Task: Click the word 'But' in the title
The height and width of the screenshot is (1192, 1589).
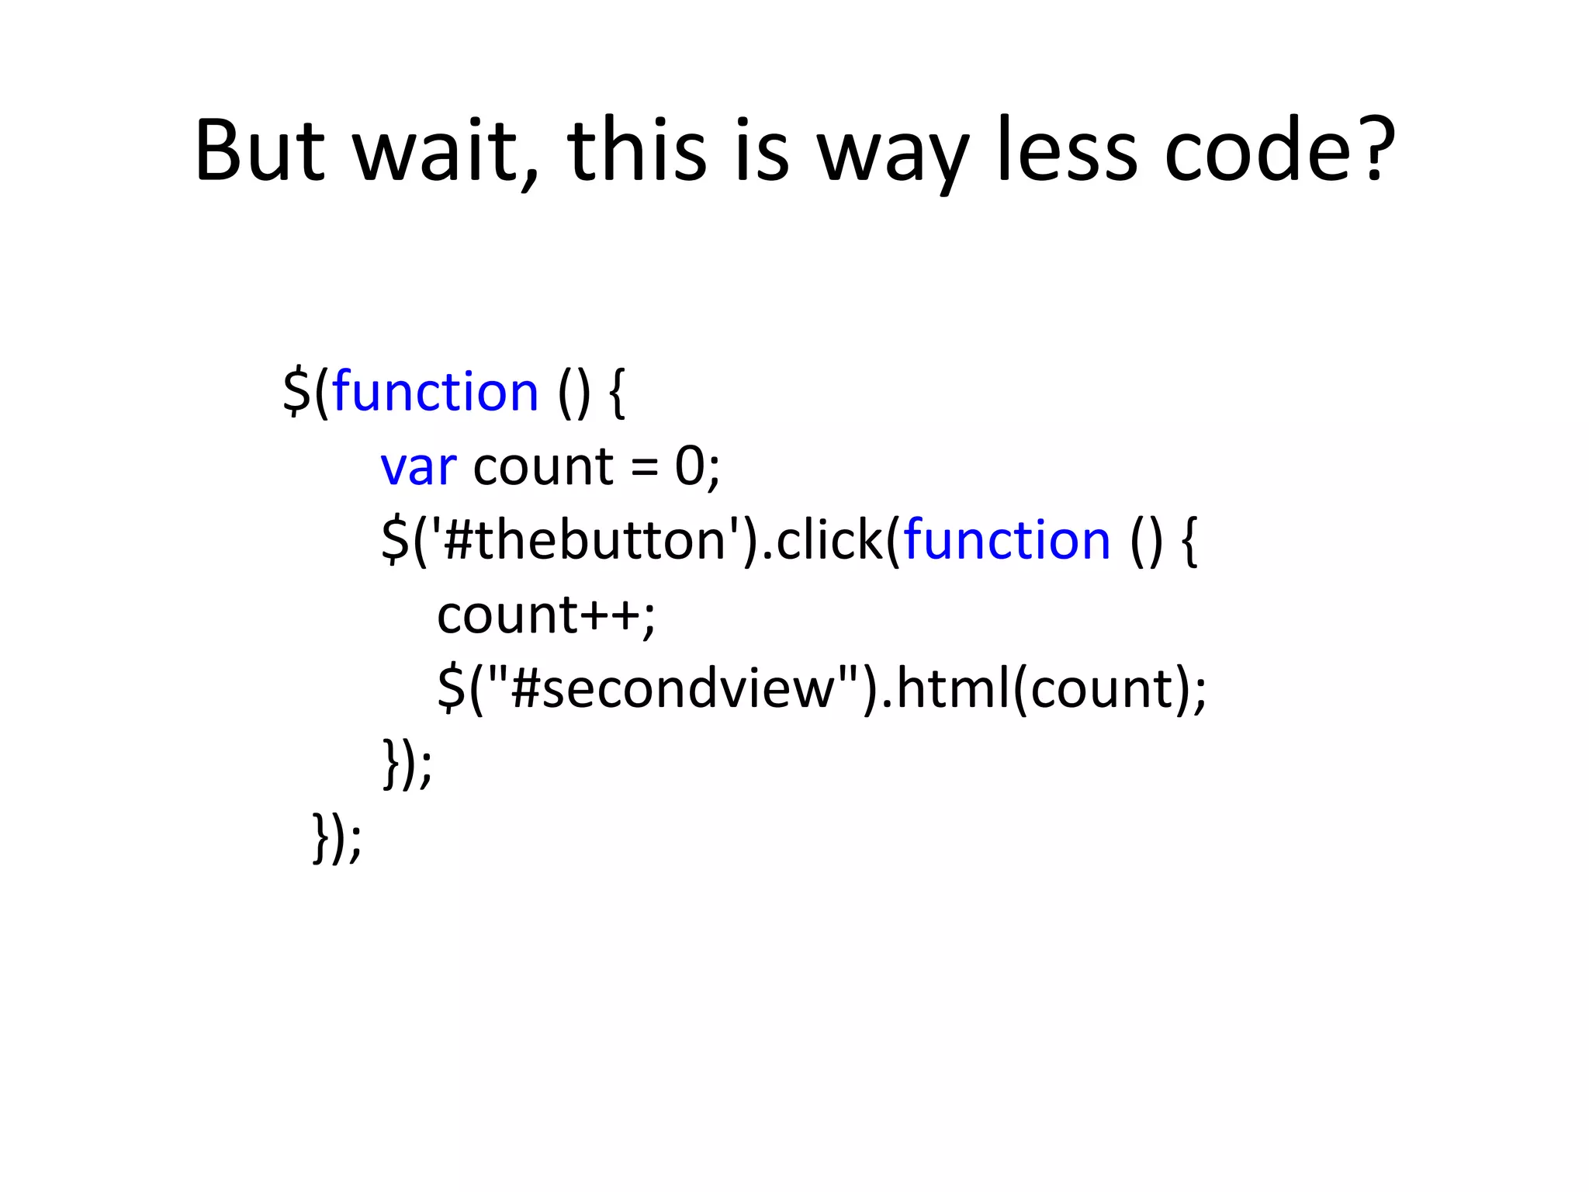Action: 259,151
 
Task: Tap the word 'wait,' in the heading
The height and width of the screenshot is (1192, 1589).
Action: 445,151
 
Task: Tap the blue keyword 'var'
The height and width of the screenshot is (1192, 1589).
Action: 418,468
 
